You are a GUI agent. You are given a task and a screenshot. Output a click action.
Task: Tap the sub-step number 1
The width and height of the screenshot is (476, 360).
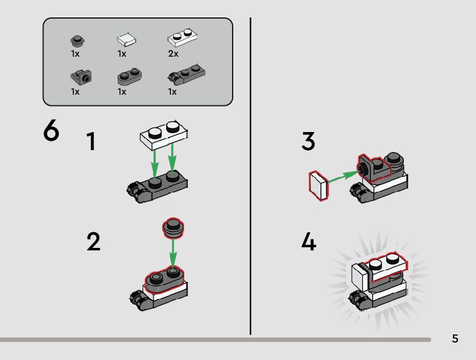click(91, 142)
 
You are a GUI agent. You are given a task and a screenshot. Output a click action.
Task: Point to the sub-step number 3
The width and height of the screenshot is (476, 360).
click(308, 142)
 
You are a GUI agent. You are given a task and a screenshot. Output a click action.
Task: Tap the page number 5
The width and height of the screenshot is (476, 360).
click(455, 339)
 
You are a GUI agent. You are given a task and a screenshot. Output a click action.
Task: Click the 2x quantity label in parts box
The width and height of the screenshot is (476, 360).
click(173, 54)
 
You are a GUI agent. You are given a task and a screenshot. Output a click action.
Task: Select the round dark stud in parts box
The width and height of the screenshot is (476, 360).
click(77, 41)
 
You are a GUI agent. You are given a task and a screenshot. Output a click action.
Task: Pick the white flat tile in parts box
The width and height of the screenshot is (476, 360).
click(126, 40)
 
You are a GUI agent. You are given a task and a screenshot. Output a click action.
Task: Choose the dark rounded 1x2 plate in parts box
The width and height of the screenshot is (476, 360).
click(129, 77)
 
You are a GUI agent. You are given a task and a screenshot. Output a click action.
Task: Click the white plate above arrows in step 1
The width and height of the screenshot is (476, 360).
click(164, 135)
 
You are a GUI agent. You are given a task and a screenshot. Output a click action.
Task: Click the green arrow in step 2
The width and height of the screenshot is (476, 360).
click(173, 253)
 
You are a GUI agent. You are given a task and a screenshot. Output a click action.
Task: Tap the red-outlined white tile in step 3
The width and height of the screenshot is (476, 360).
click(318, 187)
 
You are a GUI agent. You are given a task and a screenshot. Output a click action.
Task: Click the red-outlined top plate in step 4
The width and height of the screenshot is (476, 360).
click(385, 265)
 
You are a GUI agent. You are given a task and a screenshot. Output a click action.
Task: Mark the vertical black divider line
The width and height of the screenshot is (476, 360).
click(251, 174)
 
